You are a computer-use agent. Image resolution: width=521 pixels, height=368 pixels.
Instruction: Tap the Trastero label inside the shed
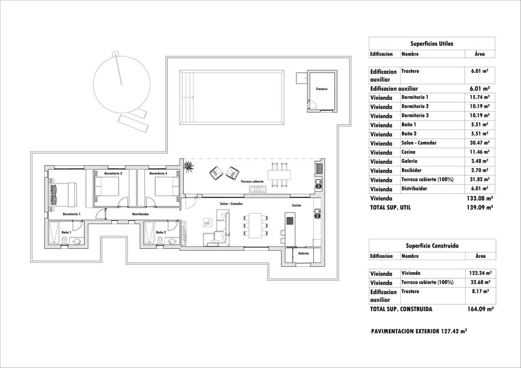click(x=322, y=89)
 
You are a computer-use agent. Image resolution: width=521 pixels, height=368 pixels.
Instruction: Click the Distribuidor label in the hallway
click(x=140, y=214)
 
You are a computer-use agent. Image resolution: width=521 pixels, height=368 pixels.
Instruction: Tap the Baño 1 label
click(x=66, y=232)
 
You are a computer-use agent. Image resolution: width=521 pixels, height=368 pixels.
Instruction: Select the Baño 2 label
click(x=161, y=232)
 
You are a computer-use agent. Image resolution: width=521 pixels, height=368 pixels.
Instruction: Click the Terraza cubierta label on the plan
click(x=252, y=182)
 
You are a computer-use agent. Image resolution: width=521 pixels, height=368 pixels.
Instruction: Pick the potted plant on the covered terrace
click(x=188, y=166)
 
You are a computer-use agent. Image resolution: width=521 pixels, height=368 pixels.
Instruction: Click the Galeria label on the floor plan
click(x=303, y=253)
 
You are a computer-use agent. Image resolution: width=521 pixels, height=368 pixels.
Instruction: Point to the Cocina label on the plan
click(x=297, y=205)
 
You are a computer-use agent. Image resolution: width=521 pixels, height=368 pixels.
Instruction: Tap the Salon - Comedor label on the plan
click(x=231, y=204)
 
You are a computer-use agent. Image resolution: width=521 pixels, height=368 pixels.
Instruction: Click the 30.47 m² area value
click(x=480, y=143)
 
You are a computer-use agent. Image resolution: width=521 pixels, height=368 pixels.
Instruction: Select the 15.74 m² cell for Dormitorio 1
click(x=480, y=97)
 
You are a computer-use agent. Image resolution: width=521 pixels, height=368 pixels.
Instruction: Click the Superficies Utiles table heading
click(x=432, y=43)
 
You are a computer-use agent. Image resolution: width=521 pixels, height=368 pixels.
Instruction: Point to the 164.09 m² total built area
click(x=480, y=309)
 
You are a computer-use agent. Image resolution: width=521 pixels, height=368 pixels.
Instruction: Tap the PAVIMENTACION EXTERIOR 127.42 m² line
click(x=419, y=332)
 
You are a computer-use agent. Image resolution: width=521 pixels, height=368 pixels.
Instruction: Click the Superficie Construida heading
click(x=432, y=245)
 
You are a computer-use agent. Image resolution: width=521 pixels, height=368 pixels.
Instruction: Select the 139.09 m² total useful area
click(x=480, y=207)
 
